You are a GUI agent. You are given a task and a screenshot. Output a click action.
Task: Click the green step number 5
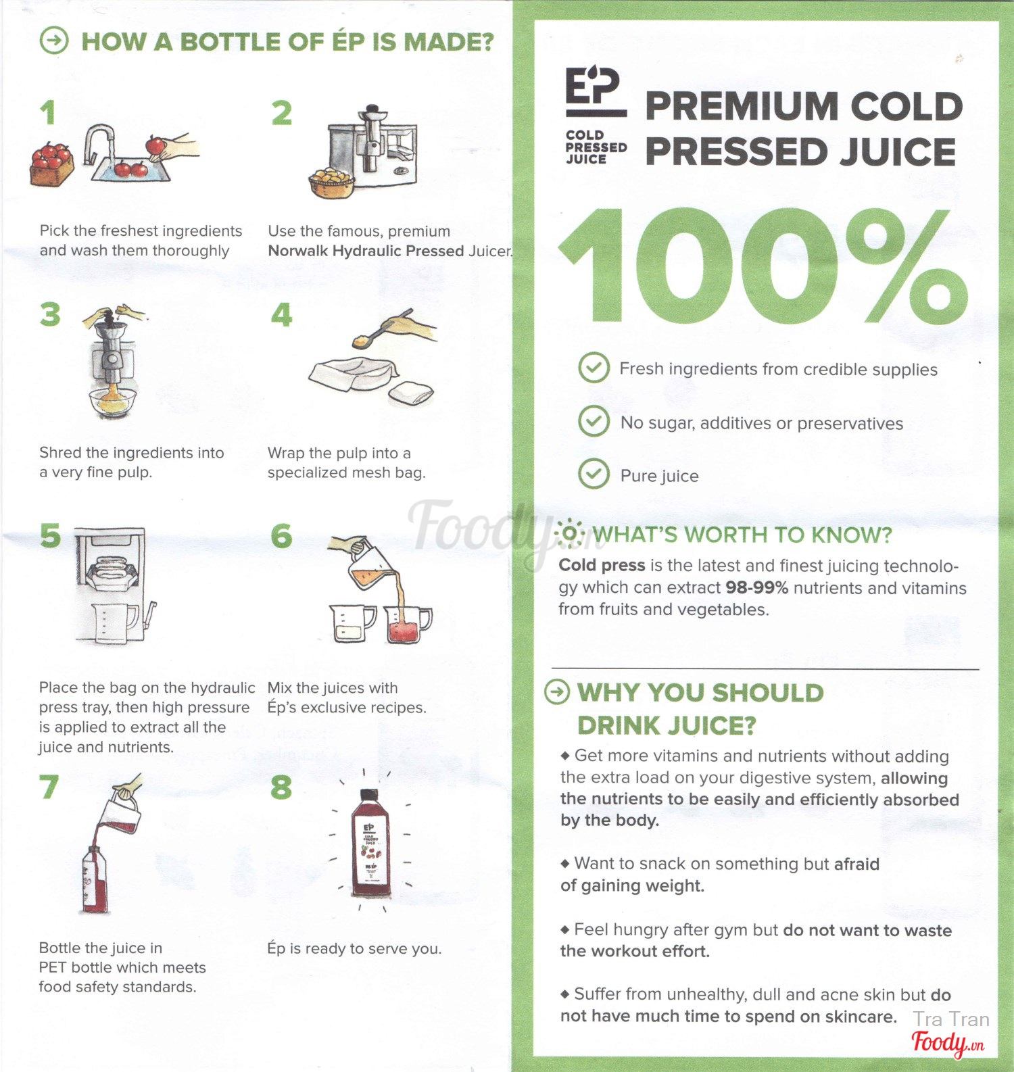click(x=51, y=535)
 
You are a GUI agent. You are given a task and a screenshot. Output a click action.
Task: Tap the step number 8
click(x=281, y=787)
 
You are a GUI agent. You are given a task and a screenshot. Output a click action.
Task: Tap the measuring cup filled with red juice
click(x=408, y=623)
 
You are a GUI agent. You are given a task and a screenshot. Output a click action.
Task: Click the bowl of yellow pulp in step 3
click(x=113, y=402)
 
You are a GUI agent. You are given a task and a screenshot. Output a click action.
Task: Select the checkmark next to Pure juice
click(x=594, y=474)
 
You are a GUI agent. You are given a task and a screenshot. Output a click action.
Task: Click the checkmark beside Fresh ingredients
click(x=594, y=368)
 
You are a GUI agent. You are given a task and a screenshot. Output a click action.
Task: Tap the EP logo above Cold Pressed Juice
click(x=594, y=86)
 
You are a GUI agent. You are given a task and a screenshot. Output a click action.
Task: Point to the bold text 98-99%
click(x=756, y=587)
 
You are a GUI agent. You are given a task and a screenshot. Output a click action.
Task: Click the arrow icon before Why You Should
click(x=557, y=692)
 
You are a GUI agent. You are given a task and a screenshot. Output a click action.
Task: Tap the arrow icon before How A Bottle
click(x=54, y=41)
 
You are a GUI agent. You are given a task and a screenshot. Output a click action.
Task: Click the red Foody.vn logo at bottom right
click(x=948, y=1044)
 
